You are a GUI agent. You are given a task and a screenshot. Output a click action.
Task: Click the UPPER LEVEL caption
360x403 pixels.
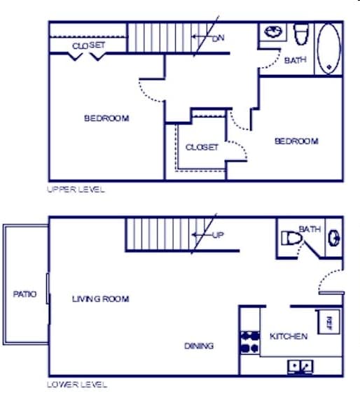click(x=76, y=190)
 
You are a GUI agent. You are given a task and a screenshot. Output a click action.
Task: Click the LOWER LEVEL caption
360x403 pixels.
click(x=77, y=384)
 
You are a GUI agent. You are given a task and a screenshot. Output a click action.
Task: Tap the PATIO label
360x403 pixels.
click(x=25, y=295)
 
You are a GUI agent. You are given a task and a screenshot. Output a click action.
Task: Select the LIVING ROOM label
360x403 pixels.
click(x=101, y=299)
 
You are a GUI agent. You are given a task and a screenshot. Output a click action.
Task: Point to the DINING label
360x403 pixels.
click(x=199, y=346)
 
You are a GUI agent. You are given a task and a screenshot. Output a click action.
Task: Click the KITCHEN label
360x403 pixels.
click(x=289, y=337)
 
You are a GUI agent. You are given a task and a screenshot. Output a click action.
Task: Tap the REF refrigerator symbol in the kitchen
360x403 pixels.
click(x=327, y=323)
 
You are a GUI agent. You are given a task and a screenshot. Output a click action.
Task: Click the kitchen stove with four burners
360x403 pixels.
click(x=250, y=340)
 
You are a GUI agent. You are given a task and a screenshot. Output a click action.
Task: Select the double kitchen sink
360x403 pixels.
click(x=300, y=367)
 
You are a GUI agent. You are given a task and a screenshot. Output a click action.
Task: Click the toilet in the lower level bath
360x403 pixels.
click(x=291, y=239)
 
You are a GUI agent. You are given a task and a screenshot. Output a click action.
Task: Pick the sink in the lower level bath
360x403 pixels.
click(x=334, y=238)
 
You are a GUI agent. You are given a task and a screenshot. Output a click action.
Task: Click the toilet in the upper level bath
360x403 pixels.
click(x=301, y=34)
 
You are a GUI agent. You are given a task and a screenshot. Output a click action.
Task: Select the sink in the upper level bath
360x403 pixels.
click(x=272, y=33)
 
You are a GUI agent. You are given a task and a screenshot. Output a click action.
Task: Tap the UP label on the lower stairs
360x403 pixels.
click(x=218, y=235)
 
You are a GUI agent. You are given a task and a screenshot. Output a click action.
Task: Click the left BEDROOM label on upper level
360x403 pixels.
click(x=106, y=118)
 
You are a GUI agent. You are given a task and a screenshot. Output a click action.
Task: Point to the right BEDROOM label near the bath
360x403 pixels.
click(x=296, y=141)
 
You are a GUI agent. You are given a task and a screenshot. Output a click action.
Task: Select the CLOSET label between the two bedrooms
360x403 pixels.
click(x=202, y=148)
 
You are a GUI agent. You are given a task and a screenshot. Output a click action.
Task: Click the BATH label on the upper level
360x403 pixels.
click(x=295, y=60)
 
